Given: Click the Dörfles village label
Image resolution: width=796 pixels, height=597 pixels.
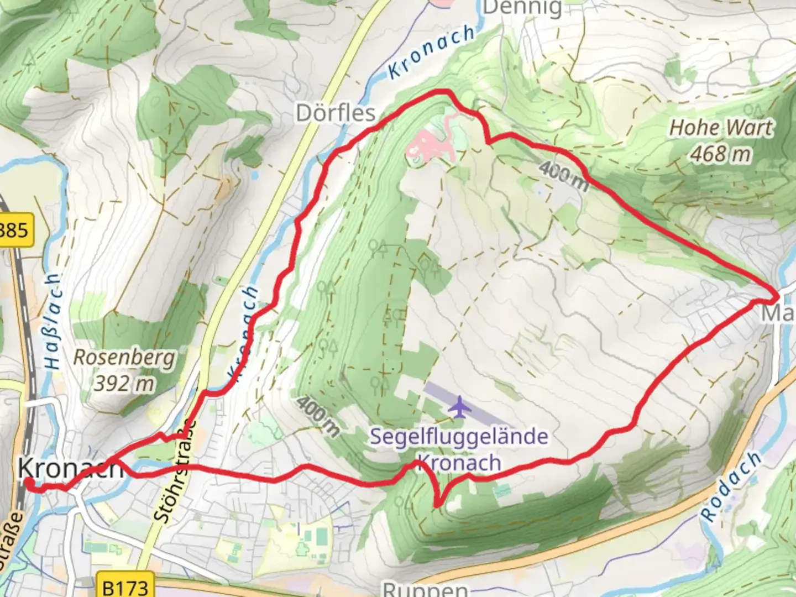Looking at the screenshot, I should pyautogui.click(x=336, y=113).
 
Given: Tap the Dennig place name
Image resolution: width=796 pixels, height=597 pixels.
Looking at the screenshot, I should pyautogui.click(x=522, y=8).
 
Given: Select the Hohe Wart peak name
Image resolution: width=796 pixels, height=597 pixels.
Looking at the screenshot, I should pyautogui.click(x=721, y=128).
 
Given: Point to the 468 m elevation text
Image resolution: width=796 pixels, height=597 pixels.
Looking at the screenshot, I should pyautogui.click(x=721, y=154).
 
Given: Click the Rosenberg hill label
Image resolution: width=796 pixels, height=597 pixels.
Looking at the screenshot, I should pyautogui.click(x=124, y=358).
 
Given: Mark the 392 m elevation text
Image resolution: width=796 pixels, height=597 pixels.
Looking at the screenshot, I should pyautogui.click(x=124, y=383).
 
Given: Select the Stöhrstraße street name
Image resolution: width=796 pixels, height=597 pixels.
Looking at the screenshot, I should pyautogui.click(x=176, y=472).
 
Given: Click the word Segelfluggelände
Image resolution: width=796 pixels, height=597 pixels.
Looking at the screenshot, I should pyautogui.click(x=459, y=437).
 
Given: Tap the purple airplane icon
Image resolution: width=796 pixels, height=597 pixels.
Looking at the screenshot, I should pyautogui.click(x=459, y=407).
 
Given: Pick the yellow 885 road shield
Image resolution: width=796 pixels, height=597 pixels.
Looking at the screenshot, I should pyautogui.click(x=14, y=229).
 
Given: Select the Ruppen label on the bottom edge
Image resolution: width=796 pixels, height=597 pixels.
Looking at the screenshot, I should pyautogui.click(x=425, y=589).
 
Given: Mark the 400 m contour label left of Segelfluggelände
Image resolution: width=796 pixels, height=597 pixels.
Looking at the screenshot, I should pyautogui.click(x=317, y=415).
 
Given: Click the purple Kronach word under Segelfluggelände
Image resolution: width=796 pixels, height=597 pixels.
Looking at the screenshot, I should pyautogui.click(x=459, y=463).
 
